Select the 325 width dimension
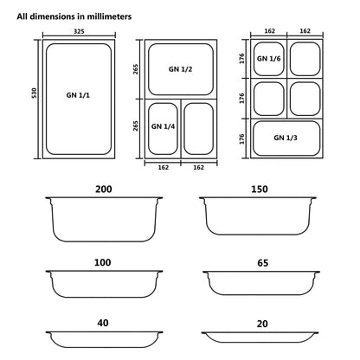click(80, 30)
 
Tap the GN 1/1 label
click(80, 96)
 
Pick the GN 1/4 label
click(163, 126)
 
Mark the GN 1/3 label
click(286, 138)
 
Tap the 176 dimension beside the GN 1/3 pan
click(243, 138)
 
